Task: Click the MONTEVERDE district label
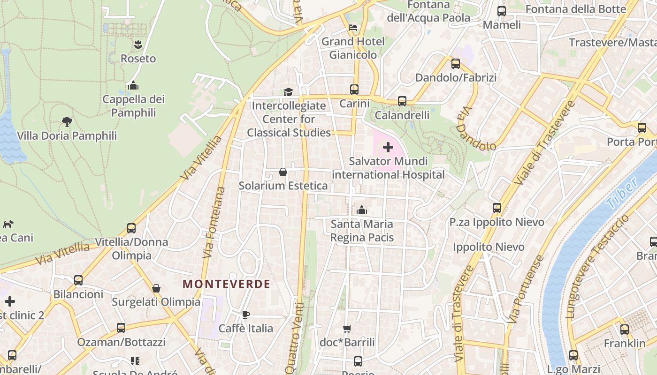[226, 284]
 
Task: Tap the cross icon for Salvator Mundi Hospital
[388, 148]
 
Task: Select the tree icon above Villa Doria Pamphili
[67, 122]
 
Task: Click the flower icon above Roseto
[138, 45]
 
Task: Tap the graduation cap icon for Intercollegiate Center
[288, 92]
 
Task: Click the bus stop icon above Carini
[354, 89]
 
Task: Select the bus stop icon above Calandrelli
[402, 101]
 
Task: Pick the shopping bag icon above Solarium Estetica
[283, 172]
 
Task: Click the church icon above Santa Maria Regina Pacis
[362, 210]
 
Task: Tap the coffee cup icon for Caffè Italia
[246, 315]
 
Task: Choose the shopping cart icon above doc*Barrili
[347, 329]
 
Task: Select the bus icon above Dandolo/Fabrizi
[456, 64]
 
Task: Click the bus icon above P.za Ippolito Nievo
[497, 208]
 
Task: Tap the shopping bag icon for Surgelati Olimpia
[156, 288]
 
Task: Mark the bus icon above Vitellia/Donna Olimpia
[131, 228]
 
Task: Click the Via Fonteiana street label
[214, 223]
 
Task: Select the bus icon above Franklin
[625, 330]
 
